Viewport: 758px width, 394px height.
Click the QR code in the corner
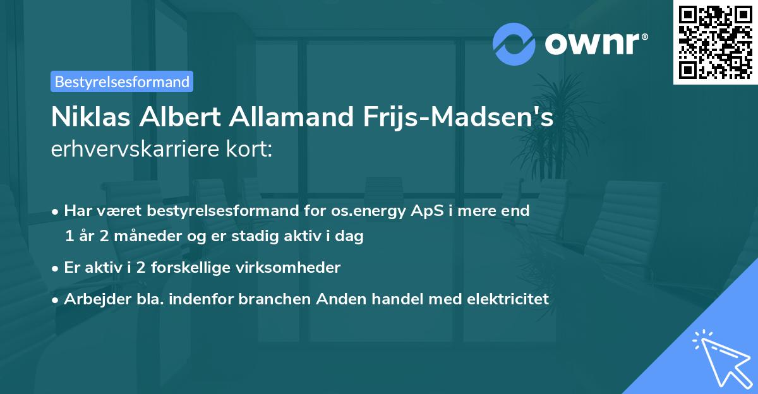716,42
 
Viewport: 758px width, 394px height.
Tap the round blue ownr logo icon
514,44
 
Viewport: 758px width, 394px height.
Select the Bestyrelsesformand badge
122,81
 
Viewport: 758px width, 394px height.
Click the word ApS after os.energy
426,211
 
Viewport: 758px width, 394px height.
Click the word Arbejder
93,299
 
